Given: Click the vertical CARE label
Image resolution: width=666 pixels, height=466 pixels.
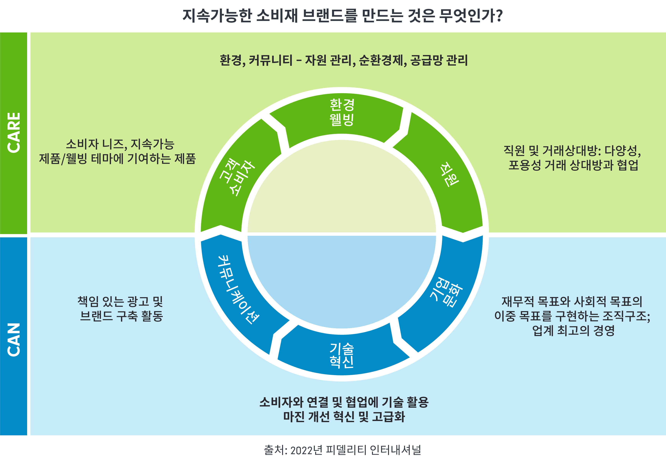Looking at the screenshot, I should click(x=14, y=133).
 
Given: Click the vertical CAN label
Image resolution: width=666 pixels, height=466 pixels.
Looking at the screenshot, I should click(x=14, y=339).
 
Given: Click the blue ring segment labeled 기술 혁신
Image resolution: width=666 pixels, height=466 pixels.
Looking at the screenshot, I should click(x=342, y=355).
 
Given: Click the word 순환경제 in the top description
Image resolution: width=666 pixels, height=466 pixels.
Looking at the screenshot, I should click(x=382, y=60).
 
